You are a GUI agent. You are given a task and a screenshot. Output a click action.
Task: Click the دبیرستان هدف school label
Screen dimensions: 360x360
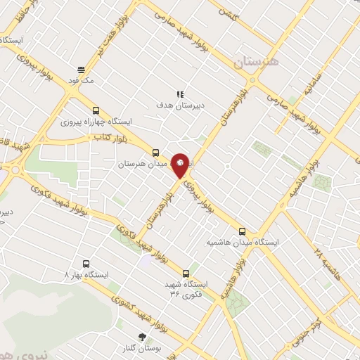point(180,105)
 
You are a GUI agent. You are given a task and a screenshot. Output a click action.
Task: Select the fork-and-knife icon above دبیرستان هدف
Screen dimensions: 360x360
point(180,94)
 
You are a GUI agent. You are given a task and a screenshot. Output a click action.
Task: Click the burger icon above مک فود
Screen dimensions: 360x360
point(82,70)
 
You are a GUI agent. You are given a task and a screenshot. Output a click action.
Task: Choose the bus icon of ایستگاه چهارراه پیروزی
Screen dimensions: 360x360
point(96,110)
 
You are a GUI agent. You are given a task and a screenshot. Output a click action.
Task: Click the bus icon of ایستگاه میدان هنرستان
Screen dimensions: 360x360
point(155,152)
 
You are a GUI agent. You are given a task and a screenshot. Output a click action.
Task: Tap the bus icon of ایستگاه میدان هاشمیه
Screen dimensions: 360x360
point(243,231)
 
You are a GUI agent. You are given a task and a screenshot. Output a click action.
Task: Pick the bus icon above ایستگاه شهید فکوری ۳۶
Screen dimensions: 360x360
point(186,273)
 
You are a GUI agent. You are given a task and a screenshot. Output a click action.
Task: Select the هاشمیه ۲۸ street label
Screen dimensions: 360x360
point(328,263)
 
